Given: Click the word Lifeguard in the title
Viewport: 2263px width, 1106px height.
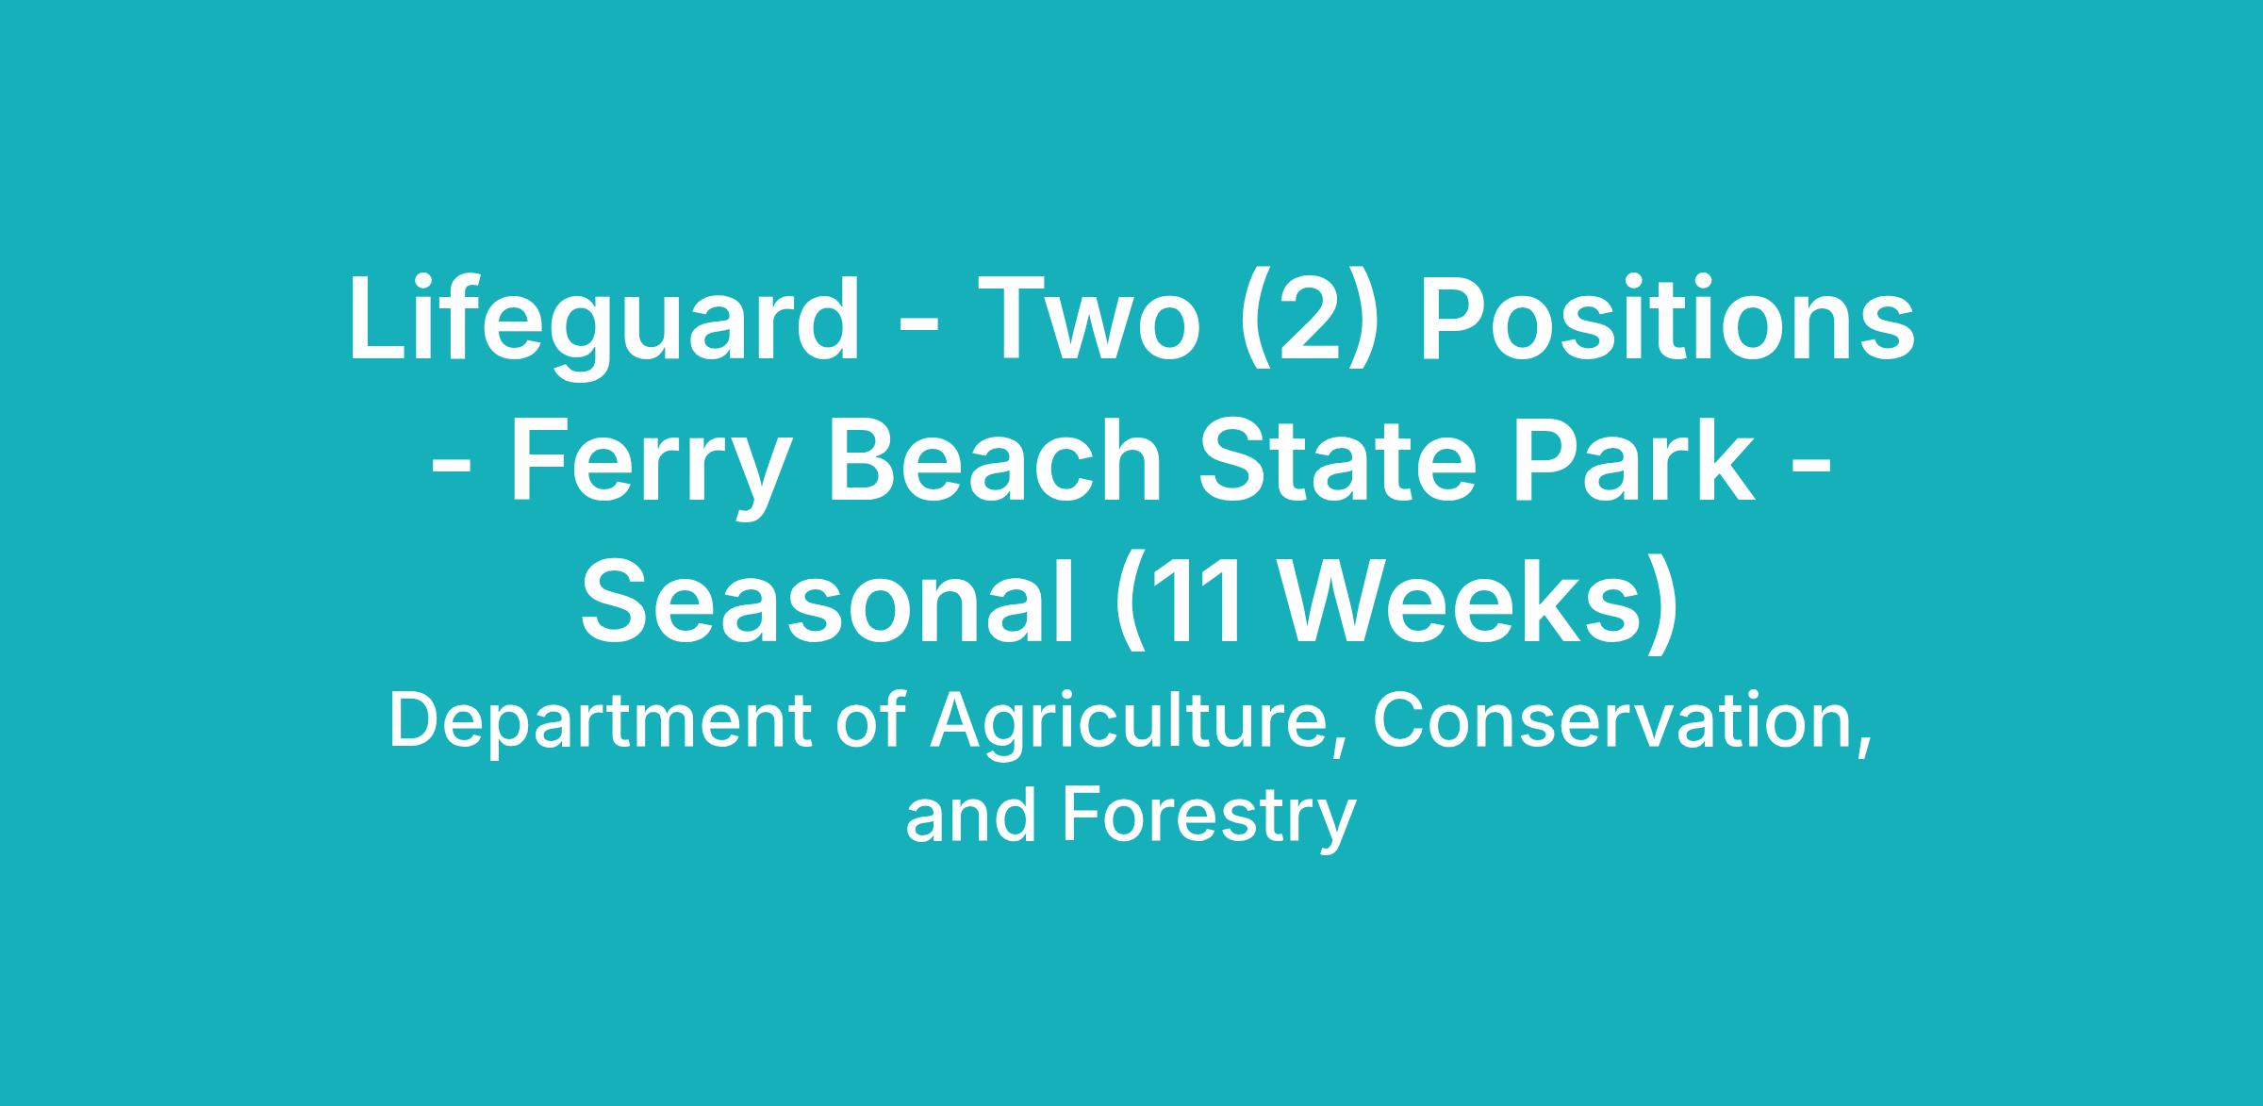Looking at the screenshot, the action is tap(604, 321).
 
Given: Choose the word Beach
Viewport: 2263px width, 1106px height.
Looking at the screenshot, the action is tap(995, 462).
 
